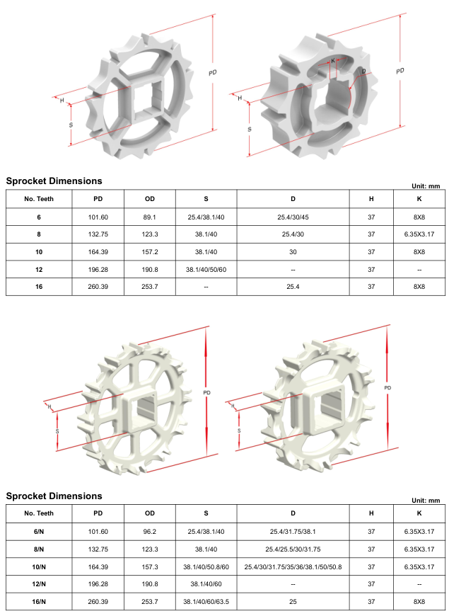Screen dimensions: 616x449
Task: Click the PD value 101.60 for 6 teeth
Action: pos(98,217)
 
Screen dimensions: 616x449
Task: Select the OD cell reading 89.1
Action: pos(149,217)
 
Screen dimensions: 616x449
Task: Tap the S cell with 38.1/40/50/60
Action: pos(206,270)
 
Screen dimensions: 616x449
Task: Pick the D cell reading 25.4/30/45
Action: pos(293,217)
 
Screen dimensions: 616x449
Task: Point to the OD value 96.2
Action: pos(149,532)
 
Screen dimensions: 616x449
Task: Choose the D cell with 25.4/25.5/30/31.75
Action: pos(293,549)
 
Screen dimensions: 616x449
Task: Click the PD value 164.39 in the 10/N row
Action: pos(98,566)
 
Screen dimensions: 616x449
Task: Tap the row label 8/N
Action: pos(39,549)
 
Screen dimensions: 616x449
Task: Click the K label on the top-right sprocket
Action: pos(333,61)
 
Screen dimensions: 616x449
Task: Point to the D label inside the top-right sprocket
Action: pos(363,72)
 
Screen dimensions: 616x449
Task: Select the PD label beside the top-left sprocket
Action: pos(212,73)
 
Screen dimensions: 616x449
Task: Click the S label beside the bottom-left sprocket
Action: pos(57,430)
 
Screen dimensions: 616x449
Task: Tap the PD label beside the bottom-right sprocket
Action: pos(387,389)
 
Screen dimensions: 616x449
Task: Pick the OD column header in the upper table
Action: pos(149,199)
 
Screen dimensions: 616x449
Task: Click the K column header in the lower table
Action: pos(419,513)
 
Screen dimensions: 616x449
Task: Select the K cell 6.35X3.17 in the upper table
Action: pos(419,234)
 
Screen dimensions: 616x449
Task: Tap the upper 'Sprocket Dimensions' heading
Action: pos(54,181)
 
